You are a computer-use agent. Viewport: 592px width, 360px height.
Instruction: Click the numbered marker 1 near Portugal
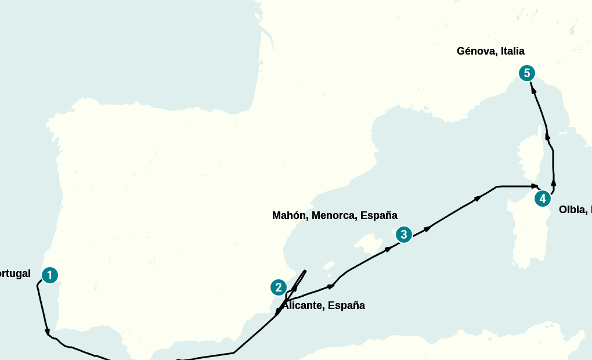pos(50,275)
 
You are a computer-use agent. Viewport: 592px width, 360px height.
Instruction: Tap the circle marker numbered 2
pos(279,287)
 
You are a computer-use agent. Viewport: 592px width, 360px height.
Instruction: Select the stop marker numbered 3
pos(403,235)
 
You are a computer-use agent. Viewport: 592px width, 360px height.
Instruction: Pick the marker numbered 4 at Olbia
pos(542,199)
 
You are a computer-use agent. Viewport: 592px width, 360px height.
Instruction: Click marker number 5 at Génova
pos(526,73)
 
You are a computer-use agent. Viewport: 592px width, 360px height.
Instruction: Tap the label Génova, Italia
pos(490,51)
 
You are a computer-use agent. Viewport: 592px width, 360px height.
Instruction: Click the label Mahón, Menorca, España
pos(334,215)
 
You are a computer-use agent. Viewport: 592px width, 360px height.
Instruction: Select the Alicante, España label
pos(324,305)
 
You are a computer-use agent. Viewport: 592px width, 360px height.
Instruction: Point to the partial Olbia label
pos(575,210)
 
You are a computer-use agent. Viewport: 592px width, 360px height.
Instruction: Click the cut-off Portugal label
pos(15,273)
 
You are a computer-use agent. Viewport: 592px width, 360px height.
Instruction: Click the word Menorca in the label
pos(334,215)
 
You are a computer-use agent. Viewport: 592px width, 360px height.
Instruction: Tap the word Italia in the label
pos(513,51)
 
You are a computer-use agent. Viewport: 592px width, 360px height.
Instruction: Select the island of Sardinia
pos(528,232)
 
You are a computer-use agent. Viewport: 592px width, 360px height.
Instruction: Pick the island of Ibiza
pos(329,267)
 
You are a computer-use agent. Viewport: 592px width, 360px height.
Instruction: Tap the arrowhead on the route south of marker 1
pos(47,332)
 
